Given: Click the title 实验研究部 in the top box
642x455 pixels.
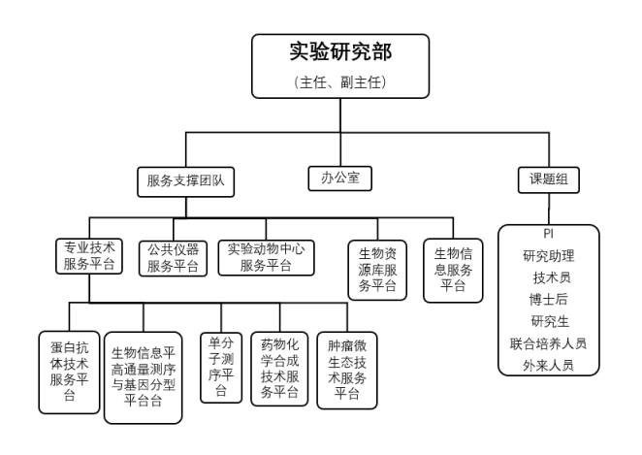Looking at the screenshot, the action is [x=340, y=51].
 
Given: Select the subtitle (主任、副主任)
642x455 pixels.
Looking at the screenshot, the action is [x=340, y=82].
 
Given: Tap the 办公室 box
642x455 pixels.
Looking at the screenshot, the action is [x=339, y=179].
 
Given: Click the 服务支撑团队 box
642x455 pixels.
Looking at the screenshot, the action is [x=186, y=181].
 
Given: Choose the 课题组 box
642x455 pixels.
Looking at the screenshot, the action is [x=549, y=179].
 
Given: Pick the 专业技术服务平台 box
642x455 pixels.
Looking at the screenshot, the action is [x=89, y=256].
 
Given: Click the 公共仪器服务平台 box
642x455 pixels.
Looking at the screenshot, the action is [x=173, y=258].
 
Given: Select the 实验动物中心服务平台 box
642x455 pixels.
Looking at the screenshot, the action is [x=266, y=258].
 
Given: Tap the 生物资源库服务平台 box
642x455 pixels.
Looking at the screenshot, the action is [x=377, y=271].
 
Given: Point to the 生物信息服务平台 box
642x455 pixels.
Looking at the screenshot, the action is [x=453, y=271].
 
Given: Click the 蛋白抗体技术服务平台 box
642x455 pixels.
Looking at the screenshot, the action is [x=69, y=373].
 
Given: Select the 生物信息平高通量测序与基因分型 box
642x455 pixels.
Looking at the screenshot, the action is [x=144, y=377].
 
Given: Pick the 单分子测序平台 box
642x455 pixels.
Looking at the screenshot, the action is [x=221, y=368].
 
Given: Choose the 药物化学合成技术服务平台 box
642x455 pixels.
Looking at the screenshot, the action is [x=279, y=369].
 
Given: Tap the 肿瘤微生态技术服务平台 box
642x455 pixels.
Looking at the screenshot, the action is [x=347, y=371].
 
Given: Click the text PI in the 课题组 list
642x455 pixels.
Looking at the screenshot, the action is [x=549, y=234].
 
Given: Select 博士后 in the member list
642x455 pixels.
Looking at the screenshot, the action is [x=549, y=300].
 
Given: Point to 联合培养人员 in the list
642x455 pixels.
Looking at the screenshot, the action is [x=549, y=343].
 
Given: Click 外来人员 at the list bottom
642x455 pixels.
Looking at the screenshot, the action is [x=549, y=365].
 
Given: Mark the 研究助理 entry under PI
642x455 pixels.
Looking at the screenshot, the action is [x=549, y=256].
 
